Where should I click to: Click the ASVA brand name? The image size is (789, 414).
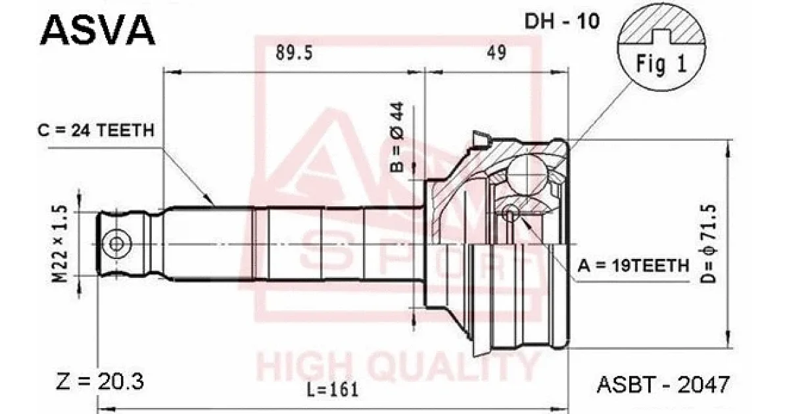pos(97,31)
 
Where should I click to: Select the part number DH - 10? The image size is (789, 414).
pos(562,21)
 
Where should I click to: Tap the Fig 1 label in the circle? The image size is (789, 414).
pos(661,64)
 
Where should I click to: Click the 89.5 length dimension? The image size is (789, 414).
pos(294,53)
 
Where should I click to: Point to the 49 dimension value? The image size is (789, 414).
pos(496,53)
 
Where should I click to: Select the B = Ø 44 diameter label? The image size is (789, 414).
pos(397,137)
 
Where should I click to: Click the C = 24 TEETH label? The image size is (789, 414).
pos(96,131)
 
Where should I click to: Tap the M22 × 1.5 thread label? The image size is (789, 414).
pos(60,244)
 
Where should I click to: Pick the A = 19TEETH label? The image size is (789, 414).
pos(633,265)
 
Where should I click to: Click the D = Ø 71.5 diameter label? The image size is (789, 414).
pos(708,244)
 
